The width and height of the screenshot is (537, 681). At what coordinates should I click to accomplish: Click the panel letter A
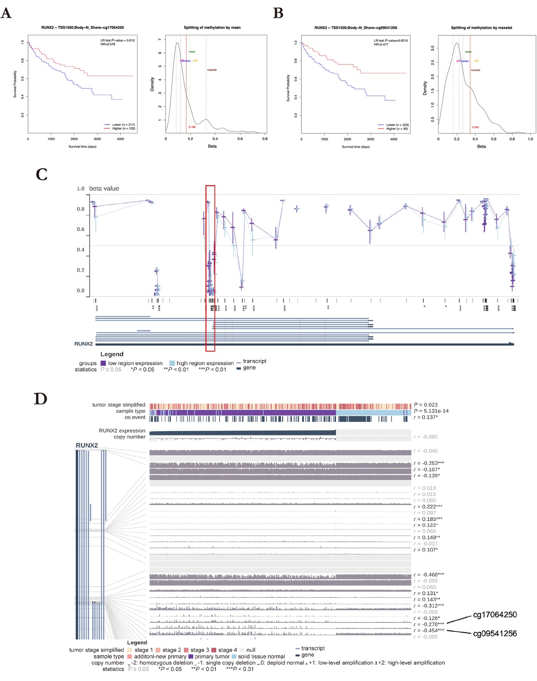click(6, 13)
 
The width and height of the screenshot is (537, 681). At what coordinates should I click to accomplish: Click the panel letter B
click(278, 13)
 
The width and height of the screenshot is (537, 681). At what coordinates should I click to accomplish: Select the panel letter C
click(42, 174)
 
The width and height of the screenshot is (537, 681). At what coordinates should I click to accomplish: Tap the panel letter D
click(40, 399)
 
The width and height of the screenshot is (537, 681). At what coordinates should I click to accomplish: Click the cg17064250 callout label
click(494, 615)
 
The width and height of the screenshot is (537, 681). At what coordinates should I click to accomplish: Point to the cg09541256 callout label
click(494, 633)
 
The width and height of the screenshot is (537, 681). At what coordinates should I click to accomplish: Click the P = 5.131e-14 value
click(431, 411)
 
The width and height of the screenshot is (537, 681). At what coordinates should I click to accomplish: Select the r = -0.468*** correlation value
click(429, 574)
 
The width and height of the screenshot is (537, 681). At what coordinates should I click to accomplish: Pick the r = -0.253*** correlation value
click(429, 463)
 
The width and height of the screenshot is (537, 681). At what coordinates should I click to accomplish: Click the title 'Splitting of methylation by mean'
click(212, 28)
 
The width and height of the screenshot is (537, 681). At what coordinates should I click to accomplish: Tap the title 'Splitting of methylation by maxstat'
click(481, 28)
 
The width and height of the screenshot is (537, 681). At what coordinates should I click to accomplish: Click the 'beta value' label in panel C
click(104, 188)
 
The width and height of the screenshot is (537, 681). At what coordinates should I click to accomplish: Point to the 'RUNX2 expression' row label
click(122, 430)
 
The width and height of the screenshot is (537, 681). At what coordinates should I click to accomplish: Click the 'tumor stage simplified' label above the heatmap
click(118, 405)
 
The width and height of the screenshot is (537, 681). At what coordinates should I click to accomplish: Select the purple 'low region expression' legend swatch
click(103, 363)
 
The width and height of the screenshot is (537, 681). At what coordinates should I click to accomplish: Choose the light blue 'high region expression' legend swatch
click(172, 363)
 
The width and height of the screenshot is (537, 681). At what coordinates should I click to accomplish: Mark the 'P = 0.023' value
click(426, 405)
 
